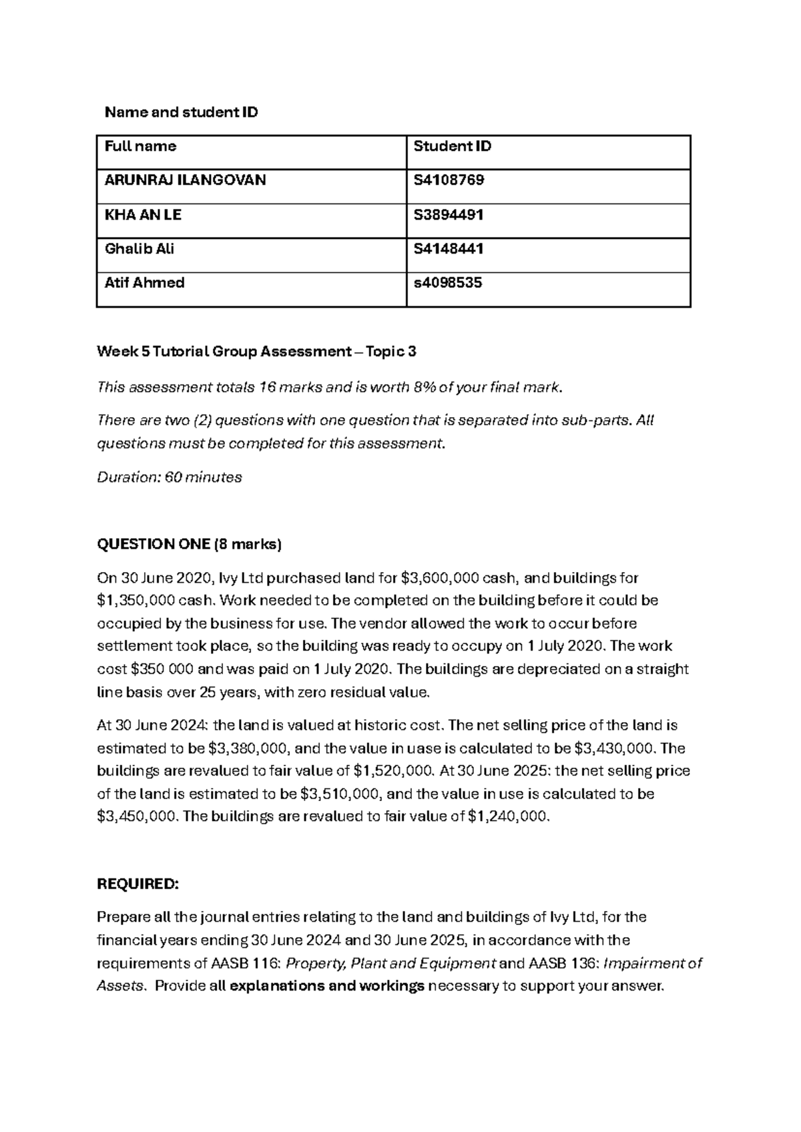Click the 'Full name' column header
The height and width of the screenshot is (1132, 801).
point(140,146)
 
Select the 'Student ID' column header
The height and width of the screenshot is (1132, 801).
point(452,146)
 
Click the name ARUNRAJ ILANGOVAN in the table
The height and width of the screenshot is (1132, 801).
point(185,180)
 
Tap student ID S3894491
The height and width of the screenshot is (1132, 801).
point(449,215)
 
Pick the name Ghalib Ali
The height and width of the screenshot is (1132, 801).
point(139,249)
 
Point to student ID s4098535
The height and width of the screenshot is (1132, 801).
point(447,283)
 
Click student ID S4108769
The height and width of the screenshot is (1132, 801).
point(449,180)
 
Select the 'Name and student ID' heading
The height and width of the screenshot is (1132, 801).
point(181,112)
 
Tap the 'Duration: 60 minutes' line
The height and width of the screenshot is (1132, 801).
point(170,478)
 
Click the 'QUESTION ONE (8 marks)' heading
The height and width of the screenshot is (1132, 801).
point(190,545)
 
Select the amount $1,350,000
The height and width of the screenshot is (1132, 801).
point(134,601)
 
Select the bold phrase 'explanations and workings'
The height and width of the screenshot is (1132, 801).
point(326,986)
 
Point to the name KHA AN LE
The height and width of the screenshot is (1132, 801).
point(143,215)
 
